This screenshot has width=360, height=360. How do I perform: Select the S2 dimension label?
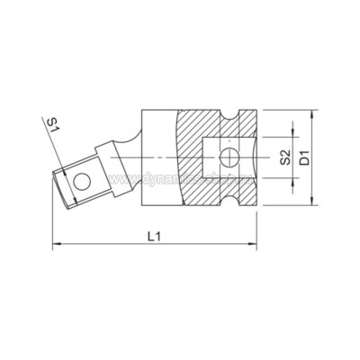(284, 158)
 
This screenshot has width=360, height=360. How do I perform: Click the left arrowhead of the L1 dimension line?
(56, 243)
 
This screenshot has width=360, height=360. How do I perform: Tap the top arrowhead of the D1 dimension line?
(312, 115)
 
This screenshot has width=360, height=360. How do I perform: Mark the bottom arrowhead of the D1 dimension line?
(312, 208)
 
